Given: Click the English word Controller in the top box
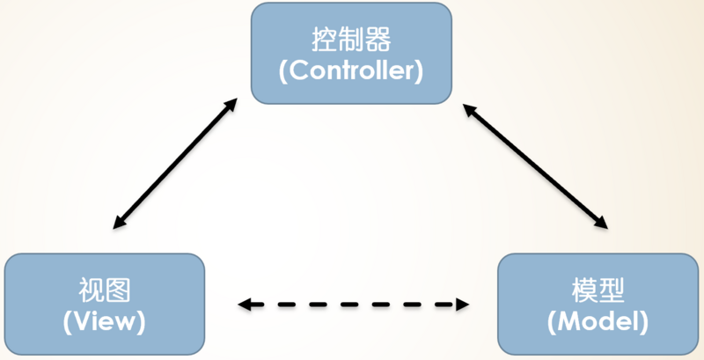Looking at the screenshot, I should click(351, 71).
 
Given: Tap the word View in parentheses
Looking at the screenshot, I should click(104, 321).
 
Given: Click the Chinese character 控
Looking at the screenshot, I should click(325, 40).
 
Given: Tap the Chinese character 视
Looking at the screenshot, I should click(91, 290).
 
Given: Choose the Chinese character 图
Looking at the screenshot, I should click(118, 290).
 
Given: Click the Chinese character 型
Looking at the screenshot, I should click(612, 290).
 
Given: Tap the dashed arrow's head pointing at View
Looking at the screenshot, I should click(246, 305).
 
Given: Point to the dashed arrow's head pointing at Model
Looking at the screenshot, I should click(461, 305).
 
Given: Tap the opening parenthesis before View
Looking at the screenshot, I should click(68, 322).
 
